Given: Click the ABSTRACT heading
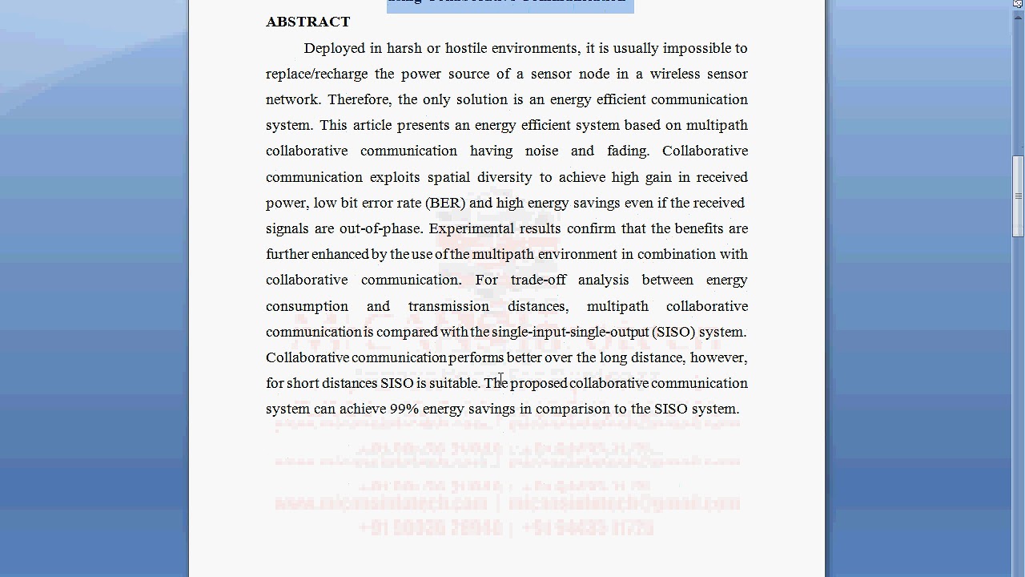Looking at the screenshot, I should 307,22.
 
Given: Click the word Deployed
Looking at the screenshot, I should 334,48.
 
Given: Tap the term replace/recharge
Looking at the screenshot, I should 316,74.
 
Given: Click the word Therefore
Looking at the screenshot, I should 360,99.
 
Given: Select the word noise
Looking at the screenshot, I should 541,151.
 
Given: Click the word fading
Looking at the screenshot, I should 628,151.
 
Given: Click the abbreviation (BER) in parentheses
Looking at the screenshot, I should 445,203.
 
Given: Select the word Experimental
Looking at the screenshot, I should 470,228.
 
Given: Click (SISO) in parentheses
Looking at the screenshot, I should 673,332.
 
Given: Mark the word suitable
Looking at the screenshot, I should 455,383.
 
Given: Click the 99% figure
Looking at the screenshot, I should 404,409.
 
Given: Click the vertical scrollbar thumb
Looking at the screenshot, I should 1018,196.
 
